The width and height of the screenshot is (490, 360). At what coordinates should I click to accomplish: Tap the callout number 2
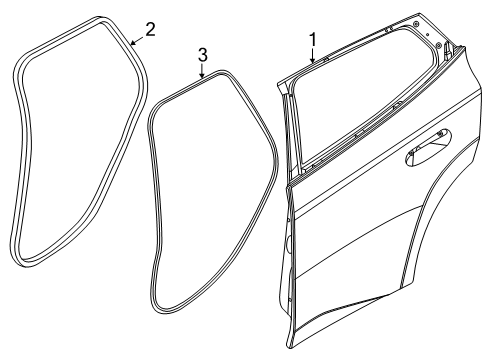[149, 29]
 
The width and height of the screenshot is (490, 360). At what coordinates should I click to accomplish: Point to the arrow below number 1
[312, 57]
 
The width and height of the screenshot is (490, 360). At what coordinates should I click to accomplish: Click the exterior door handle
[422, 153]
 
